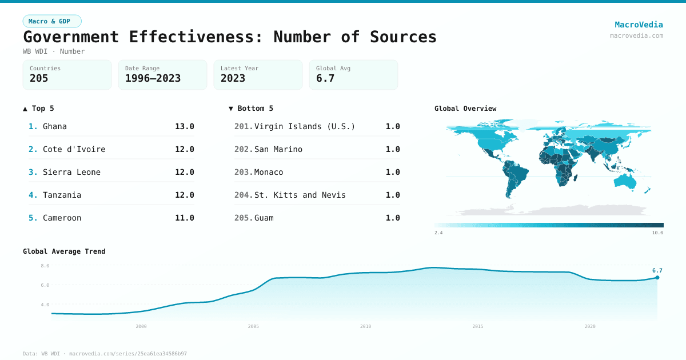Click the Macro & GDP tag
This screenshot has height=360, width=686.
click(x=52, y=21)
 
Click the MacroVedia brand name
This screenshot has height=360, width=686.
click(x=639, y=25)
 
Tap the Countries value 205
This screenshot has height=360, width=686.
click(x=39, y=78)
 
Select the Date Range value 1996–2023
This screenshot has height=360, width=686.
click(x=153, y=78)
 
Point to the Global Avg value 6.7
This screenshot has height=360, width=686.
click(x=325, y=78)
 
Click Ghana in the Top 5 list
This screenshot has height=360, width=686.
click(x=55, y=126)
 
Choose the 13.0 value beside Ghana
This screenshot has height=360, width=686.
click(x=185, y=126)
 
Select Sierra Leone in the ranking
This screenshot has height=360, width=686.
click(x=71, y=172)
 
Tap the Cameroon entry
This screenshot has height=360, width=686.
click(x=62, y=218)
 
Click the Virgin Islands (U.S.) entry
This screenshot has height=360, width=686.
click(x=305, y=126)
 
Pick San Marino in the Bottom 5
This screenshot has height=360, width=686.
click(x=278, y=149)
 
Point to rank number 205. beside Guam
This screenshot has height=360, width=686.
click(x=243, y=218)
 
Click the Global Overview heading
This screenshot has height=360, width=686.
click(x=465, y=109)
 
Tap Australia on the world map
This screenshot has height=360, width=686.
click(x=624, y=181)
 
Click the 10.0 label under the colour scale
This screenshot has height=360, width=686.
click(x=657, y=233)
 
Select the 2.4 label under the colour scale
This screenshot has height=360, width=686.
click(x=439, y=233)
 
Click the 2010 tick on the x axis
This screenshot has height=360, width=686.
click(x=365, y=326)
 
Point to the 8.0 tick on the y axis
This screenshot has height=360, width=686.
click(x=45, y=266)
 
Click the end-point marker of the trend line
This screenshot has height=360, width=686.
click(x=657, y=278)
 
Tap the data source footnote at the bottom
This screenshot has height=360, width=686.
click(x=105, y=354)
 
